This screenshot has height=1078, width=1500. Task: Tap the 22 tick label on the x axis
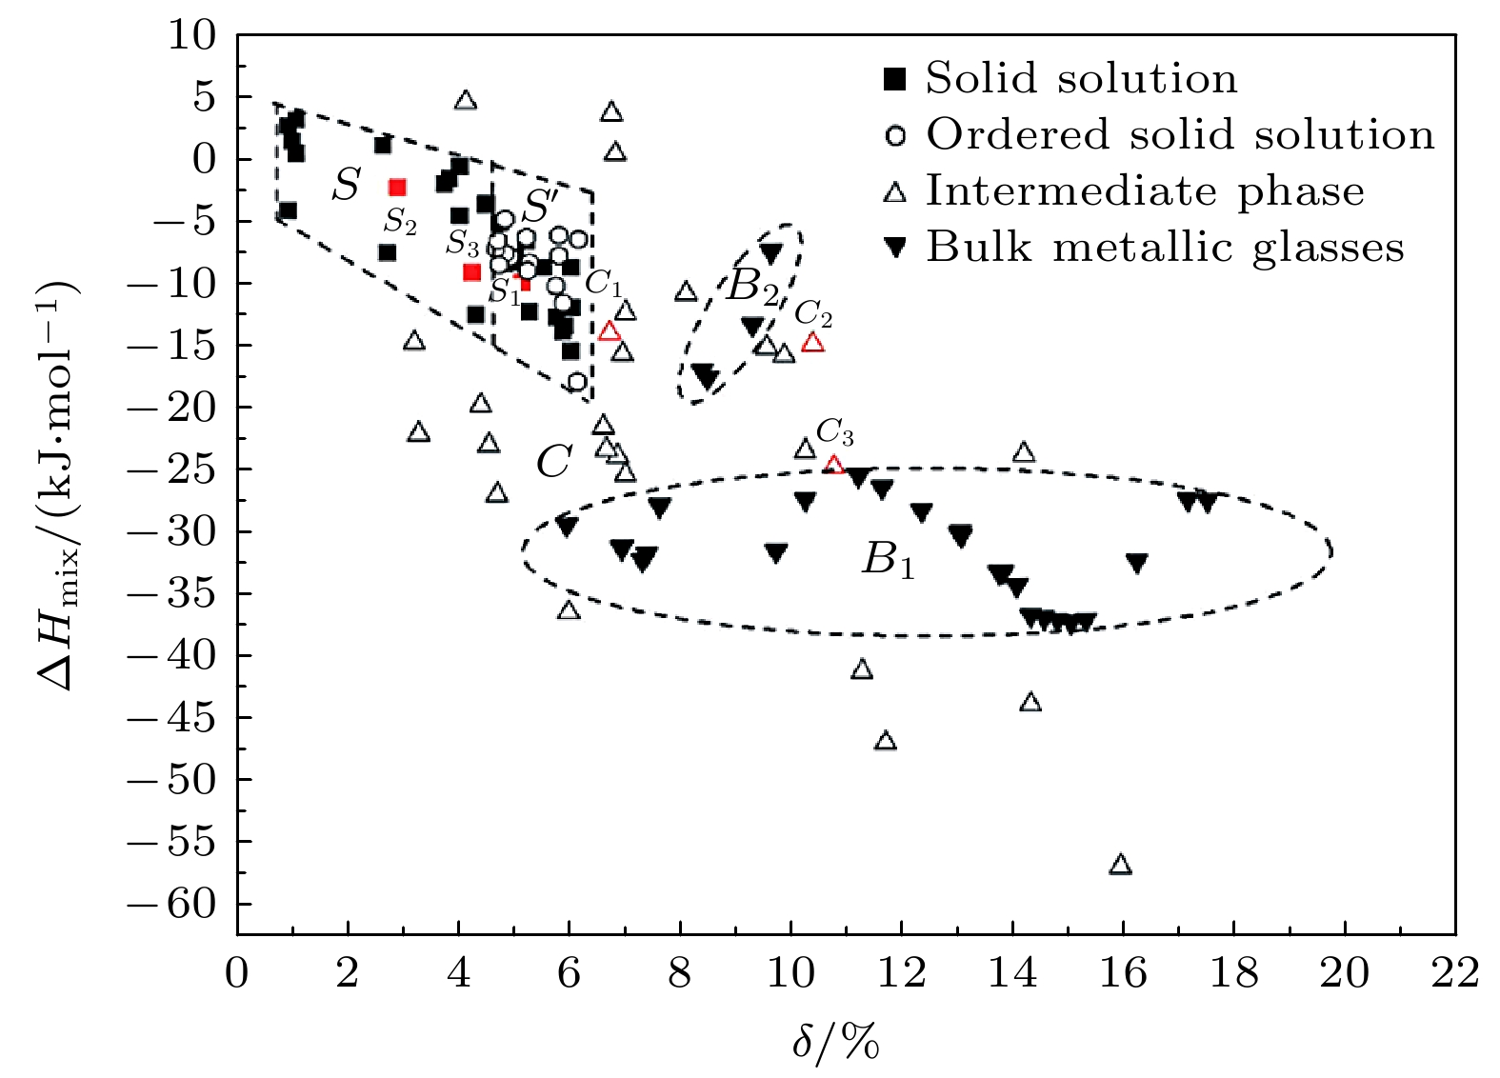[1454, 974]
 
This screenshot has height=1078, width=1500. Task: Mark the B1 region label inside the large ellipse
[888, 560]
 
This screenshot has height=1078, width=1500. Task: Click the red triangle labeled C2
[812, 342]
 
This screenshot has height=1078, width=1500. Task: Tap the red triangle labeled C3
[834, 465]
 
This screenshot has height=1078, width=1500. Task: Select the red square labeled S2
[397, 188]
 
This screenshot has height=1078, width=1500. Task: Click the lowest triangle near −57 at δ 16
[1121, 865]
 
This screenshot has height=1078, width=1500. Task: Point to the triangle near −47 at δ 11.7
[886, 741]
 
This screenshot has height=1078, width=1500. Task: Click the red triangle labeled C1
[610, 331]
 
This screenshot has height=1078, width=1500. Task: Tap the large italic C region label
[553, 463]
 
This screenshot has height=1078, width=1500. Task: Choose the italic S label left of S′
[346, 185]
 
